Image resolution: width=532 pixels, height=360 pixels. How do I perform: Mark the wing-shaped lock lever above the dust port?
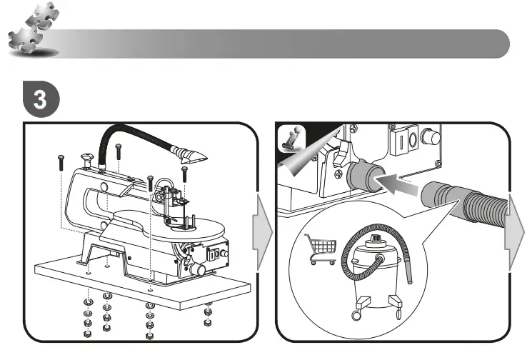click(x=341, y=151)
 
